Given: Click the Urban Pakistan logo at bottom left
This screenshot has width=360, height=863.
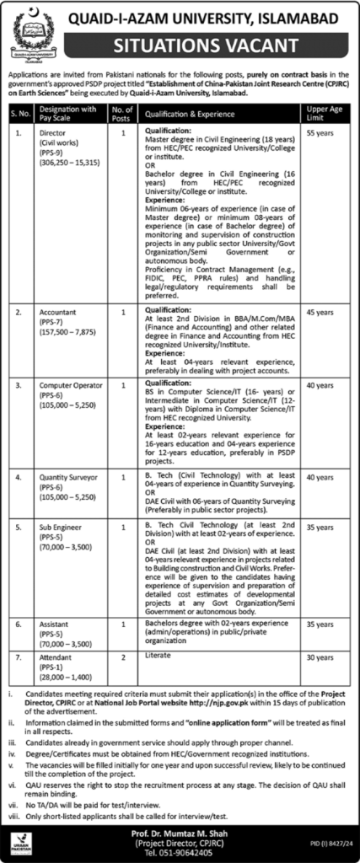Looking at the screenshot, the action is point(19,843).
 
